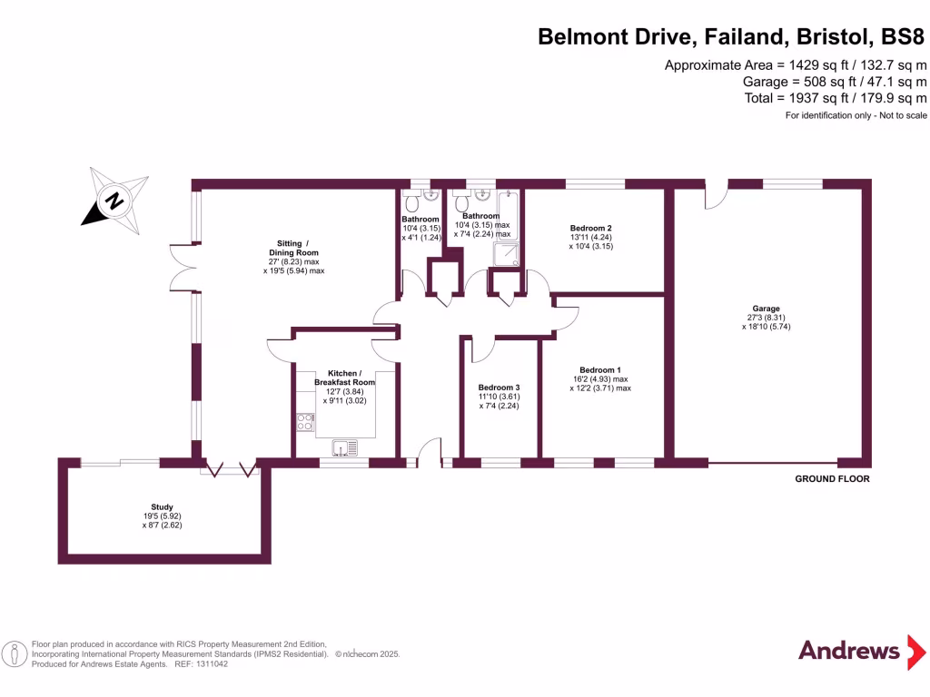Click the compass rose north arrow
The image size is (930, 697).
tap(114, 201)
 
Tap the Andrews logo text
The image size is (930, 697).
tap(848, 651)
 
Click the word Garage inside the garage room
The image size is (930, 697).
tap(766, 309)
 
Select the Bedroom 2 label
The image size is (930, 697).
tap(590, 228)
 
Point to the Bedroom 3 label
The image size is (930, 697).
tap(499, 388)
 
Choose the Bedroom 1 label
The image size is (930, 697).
tap(600, 369)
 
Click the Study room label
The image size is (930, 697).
tap(162, 507)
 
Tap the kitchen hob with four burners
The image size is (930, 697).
tap(304, 421)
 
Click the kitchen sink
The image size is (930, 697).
tap(345, 447)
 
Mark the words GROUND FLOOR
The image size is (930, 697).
tap(832, 479)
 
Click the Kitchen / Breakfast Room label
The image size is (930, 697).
tap(344, 378)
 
